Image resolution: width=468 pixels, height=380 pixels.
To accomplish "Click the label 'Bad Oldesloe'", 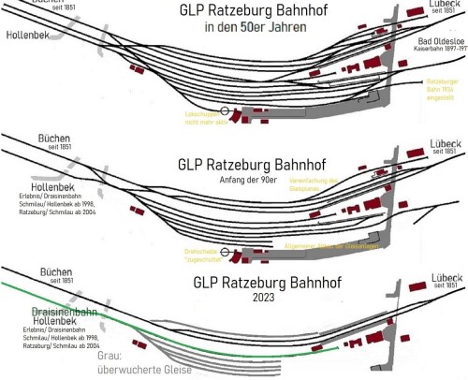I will (440, 43).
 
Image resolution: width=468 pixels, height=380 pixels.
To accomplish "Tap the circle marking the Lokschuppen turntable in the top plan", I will (226, 111).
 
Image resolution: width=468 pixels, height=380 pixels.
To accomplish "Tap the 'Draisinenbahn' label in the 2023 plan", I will (57, 306).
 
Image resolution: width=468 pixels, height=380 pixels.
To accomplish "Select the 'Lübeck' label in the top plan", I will (438, 5).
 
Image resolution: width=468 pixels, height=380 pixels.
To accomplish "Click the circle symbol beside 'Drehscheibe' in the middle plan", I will (226, 251).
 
